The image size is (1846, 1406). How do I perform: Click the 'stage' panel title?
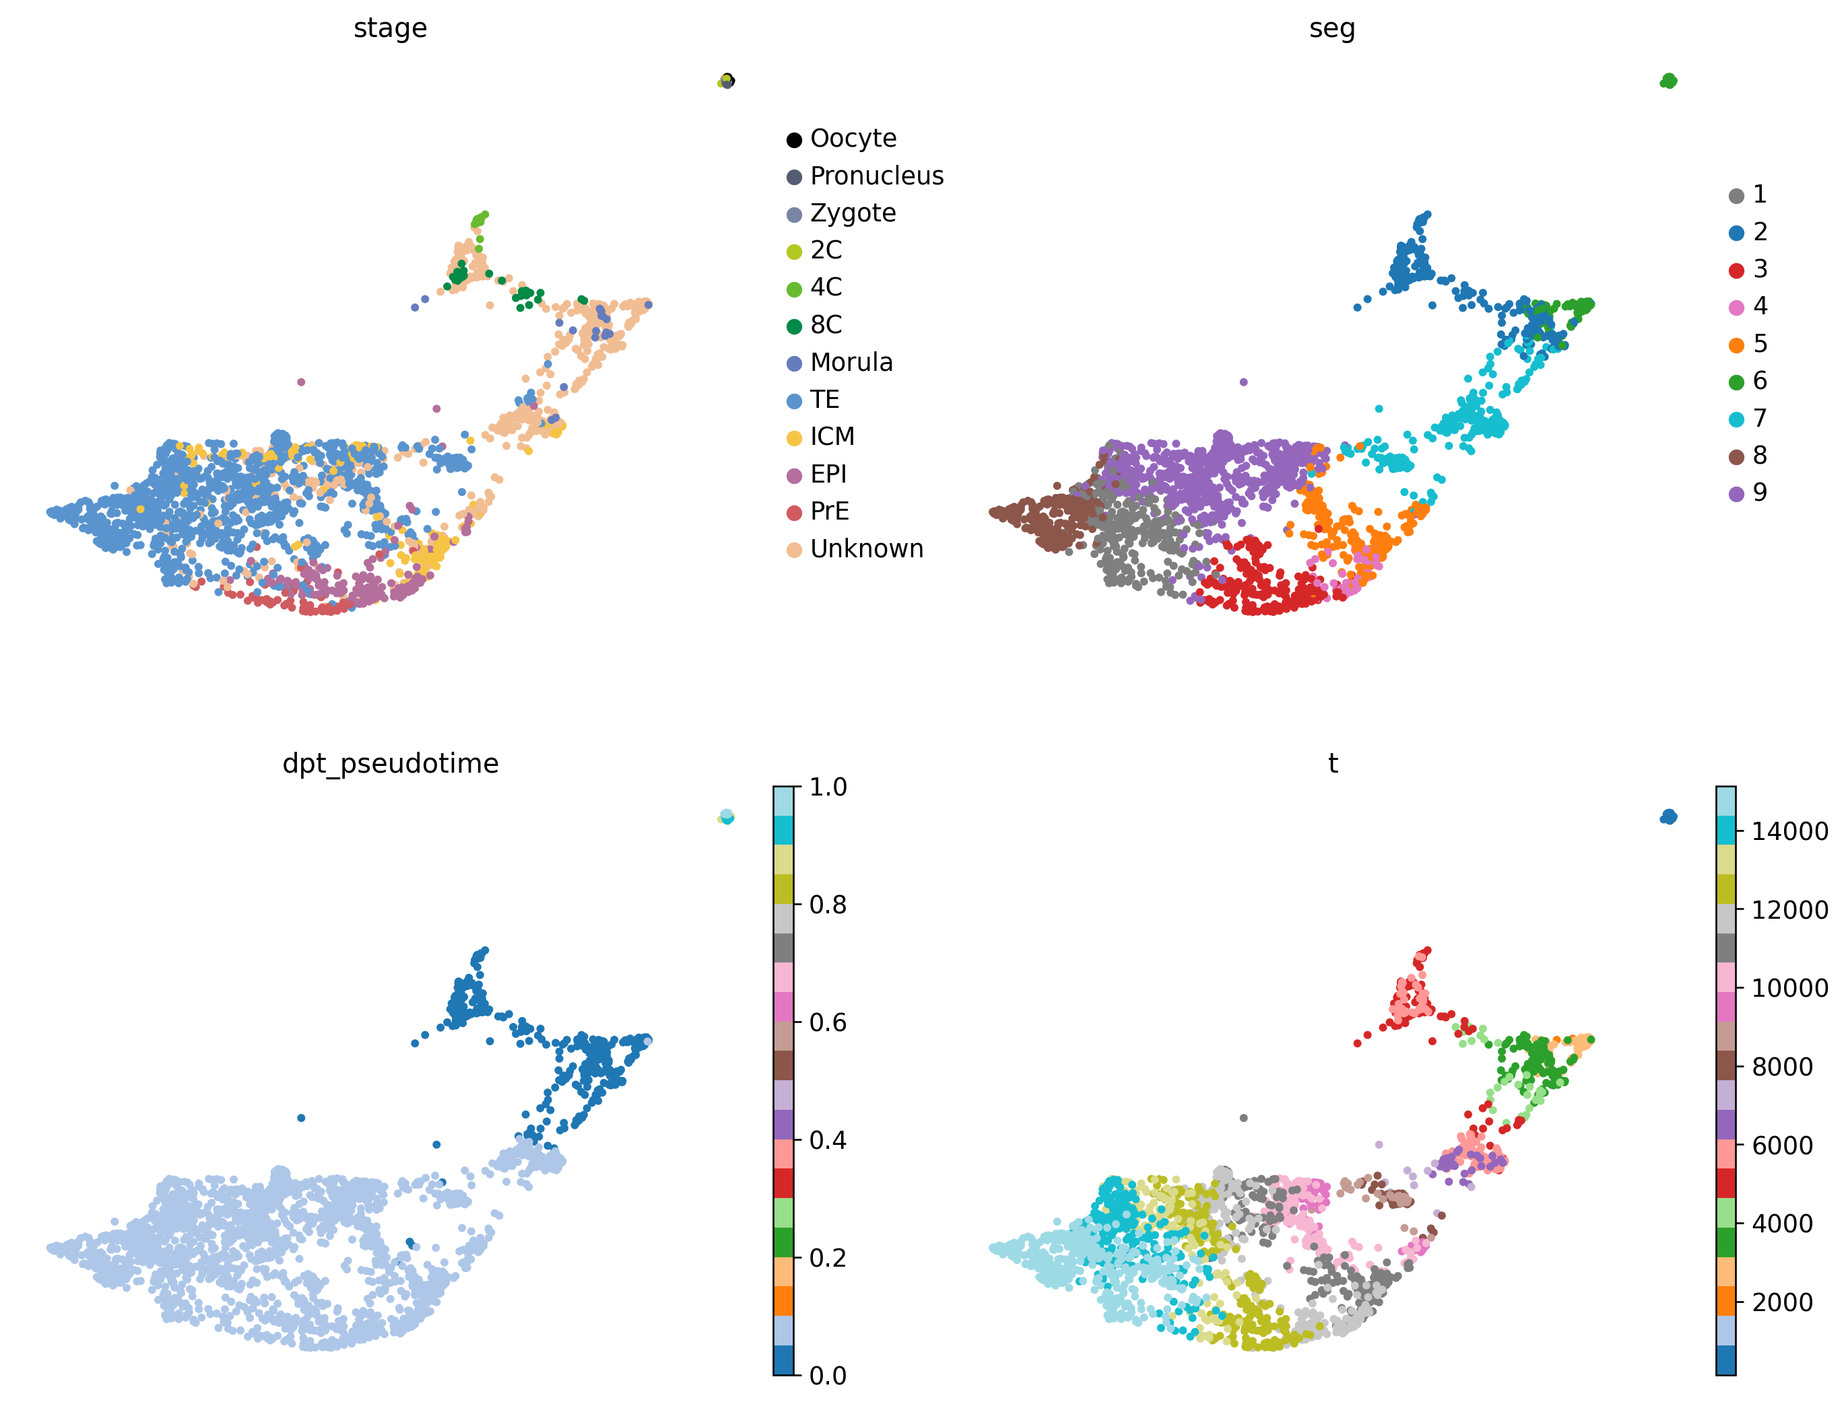(x=390, y=28)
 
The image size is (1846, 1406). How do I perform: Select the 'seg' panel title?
(x=1331, y=28)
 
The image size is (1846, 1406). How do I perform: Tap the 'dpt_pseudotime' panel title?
(x=390, y=763)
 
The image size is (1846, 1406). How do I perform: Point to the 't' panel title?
(x=1332, y=763)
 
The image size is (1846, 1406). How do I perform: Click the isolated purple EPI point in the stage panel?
(x=302, y=382)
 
